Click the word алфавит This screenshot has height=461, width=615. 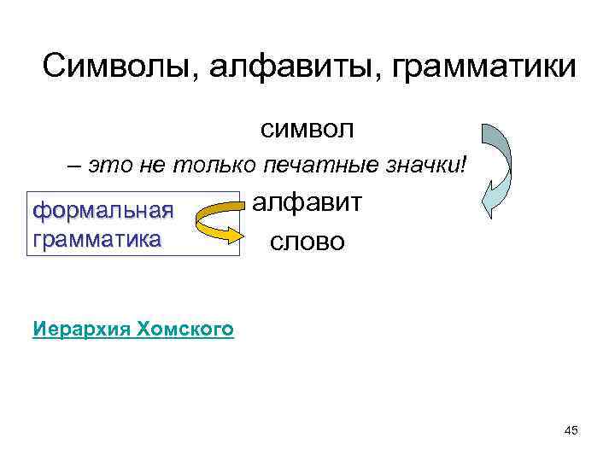[307, 203]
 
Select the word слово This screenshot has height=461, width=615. [307, 242]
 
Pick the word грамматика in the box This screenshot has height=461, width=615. [96, 238]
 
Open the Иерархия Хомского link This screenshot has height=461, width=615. [133, 329]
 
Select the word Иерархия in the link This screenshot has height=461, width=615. [77, 329]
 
